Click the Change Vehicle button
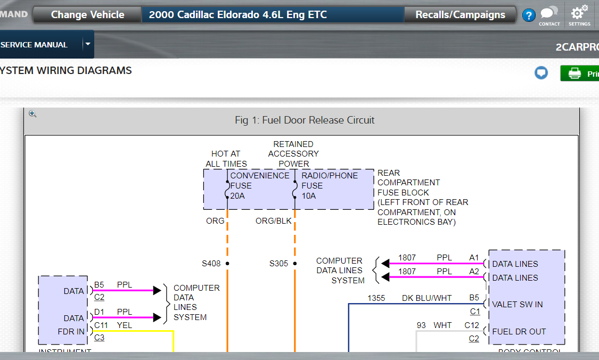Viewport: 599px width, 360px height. pyautogui.click(x=87, y=15)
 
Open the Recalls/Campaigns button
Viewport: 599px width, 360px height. pyautogui.click(x=460, y=15)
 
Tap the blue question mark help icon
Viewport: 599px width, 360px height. pyautogui.click(x=528, y=15)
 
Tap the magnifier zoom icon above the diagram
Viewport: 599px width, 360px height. pyautogui.click(x=32, y=114)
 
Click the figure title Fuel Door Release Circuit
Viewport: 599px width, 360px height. pyautogui.click(x=305, y=120)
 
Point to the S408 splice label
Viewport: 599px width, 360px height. pyautogui.click(x=211, y=264)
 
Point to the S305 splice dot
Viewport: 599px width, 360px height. pyautogui.click(x=294, y=264)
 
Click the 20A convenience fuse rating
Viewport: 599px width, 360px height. pyautogui.click(x=237, y=196)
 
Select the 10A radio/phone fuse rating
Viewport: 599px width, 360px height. pyautogui.click(x=309, y=196)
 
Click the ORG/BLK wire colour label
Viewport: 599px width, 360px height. pyautogui.click(x=273, y=220)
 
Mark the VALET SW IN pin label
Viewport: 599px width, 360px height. pyautogui.click(x=517, y=305)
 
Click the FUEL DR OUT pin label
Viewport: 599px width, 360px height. pyautogui.click(x=519, y=331)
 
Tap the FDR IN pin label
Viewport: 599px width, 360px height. pyautogui.click(x=71, y=331)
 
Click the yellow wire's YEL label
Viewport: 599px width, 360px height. pyautogui.click(x=125, y=325)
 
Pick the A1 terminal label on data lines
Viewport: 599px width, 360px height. pyautogui.click(x=474, y=258)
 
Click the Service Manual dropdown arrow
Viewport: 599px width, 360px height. pyautogui.click(x=88, y=44)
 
